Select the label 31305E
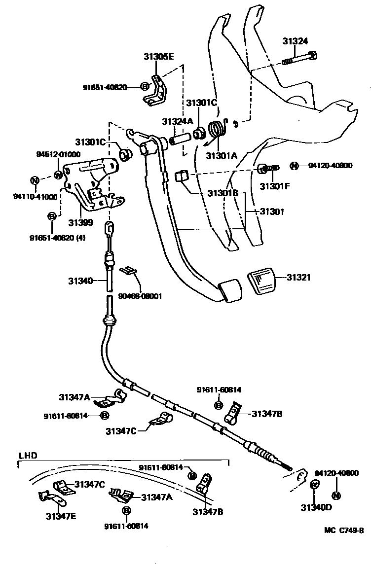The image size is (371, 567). [159, 57]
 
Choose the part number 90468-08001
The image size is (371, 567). [140, 296]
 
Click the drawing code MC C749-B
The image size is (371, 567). [344, 531]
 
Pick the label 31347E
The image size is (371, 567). [61, 516]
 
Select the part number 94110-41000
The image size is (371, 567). [35, 197]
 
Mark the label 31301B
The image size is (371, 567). [222, 194]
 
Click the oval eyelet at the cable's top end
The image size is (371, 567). [110, 228]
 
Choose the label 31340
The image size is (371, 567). [81, 281]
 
